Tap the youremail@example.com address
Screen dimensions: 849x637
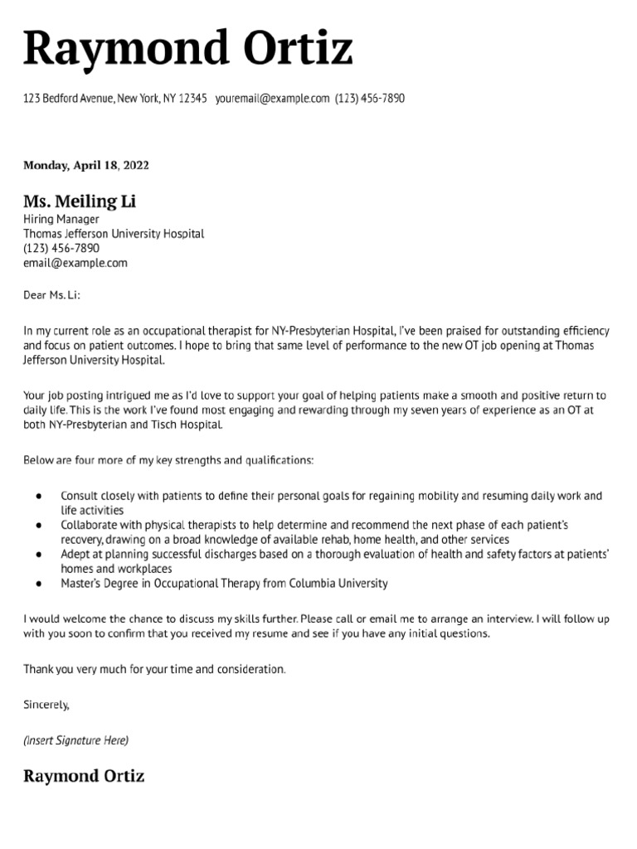pos(272,99)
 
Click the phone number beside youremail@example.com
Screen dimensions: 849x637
pos(370,99)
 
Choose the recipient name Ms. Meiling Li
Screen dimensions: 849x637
pos(80,202)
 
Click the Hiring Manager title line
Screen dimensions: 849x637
pos(61,220)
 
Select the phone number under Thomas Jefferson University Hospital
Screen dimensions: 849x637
pos(61,248)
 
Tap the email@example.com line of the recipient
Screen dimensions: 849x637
pos(75,263)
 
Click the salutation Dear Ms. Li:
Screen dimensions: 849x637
pos(53,294)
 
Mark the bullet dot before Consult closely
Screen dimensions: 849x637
pos(39,496)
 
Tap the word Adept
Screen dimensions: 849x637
pos(75,555)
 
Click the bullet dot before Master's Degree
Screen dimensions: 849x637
pos(39,584)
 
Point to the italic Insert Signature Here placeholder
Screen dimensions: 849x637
pos(76,739)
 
